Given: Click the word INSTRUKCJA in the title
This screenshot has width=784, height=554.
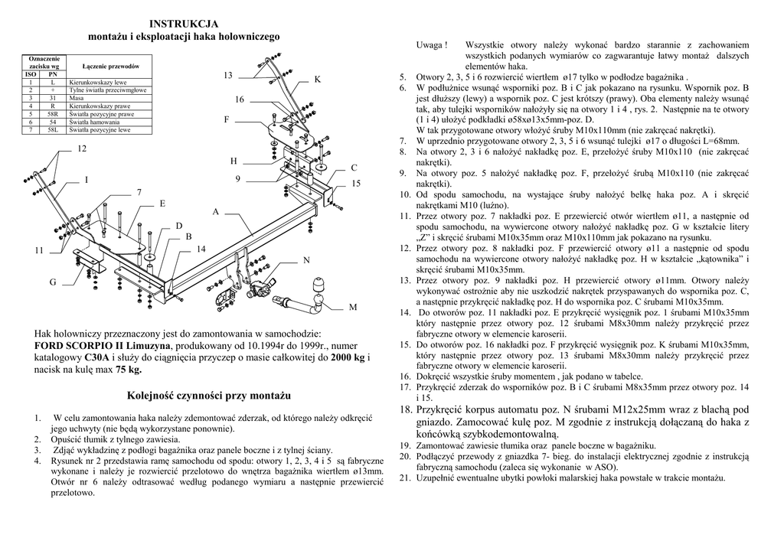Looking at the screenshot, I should pos(184,24).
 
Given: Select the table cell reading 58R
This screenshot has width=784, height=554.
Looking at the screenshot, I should pos(53,114).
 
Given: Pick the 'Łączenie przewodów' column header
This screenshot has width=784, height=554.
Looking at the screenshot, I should pos(109,67).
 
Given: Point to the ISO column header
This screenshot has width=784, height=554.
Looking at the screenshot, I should pos(31,74).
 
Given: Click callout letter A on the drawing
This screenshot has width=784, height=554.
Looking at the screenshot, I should pos(216,211).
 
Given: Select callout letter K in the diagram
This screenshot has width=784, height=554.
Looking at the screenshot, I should pos(317,80).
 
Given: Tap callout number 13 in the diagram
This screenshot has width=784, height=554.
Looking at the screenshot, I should pos(228,75).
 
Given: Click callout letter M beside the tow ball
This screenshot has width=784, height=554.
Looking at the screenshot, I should pos(353,307).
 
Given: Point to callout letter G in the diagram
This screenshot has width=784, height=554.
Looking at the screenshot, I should pos(53,283).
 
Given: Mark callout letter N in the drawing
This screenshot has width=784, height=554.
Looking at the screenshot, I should pos(306,261).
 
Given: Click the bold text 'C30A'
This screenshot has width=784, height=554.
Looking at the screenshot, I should pos(96,357).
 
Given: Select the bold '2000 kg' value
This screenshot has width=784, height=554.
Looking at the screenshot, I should pos(348,357).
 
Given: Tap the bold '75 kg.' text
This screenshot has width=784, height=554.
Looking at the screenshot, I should pos(129,369).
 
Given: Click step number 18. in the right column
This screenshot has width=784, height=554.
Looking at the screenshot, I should pos(406,410).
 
